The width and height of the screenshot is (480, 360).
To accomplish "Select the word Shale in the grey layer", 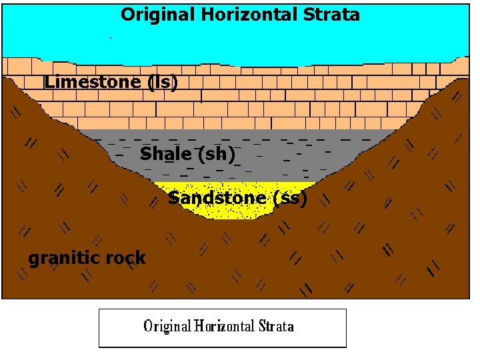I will pos(166,154).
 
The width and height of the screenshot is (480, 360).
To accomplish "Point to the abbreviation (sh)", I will pos(217,154).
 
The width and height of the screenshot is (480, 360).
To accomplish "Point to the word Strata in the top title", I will pos(336,15).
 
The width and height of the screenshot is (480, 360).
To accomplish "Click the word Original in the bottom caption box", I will pos(168,327).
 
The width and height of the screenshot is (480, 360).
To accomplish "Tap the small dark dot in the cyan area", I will pos(110,38).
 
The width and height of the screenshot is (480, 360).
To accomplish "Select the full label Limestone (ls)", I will pos(111,82).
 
